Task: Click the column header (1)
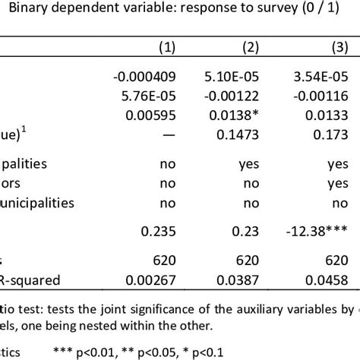click(x=167, y=47)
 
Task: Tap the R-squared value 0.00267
click(x=156, y=279)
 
